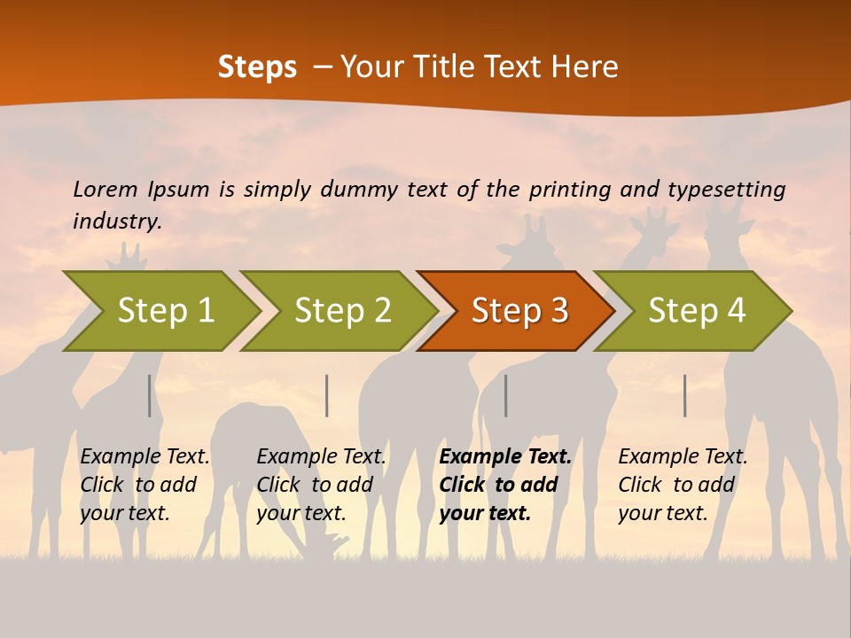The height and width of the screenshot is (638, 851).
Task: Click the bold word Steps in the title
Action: click(257, 67)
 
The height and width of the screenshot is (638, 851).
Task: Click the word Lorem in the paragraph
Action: click(105, 189)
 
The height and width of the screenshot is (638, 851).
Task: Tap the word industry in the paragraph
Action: click(116, 222)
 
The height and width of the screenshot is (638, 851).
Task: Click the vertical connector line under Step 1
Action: click(150, 395)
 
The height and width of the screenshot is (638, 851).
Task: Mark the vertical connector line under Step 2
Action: click(327, 395)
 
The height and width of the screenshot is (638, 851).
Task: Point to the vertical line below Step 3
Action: click(506, 395)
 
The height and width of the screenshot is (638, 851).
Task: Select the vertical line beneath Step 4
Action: click(685, 395)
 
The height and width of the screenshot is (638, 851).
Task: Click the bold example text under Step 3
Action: click(504, 485)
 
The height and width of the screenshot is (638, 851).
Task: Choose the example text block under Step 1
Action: click(144, 485)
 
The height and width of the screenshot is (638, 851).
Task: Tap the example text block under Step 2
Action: click(321, 485)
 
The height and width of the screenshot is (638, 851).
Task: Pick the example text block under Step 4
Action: click(682, 485)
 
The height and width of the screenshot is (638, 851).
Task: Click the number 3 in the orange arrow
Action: click(558, 311)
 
